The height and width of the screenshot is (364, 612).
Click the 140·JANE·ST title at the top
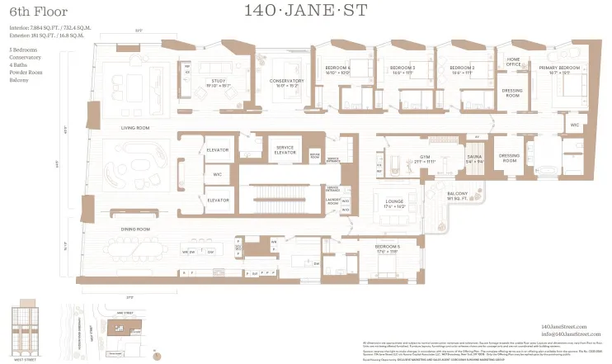306,12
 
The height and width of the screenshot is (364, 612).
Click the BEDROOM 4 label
337,69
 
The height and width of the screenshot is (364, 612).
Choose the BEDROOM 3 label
402,69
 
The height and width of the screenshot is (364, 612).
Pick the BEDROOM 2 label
462,69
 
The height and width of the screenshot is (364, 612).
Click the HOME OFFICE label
513,61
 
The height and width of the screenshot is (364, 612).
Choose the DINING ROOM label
136,229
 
